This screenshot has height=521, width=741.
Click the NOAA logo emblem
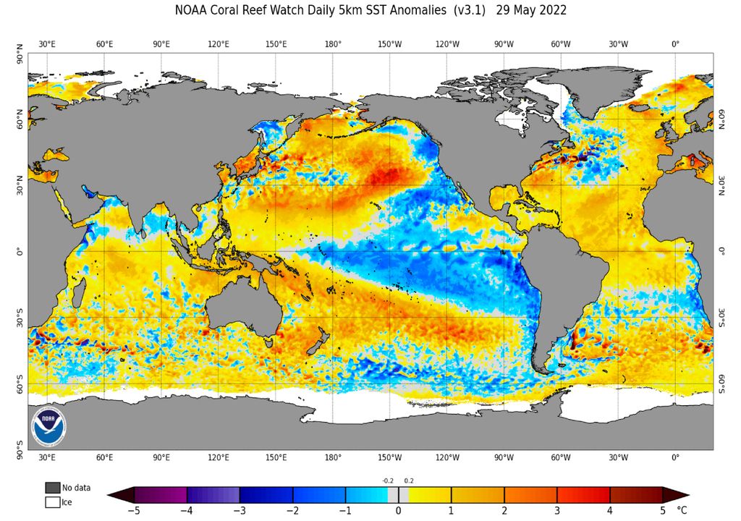click(x=48, y=427)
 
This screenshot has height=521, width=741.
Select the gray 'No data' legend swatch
click(x=52, y=488)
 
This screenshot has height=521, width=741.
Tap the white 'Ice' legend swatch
click(x=52, y=501)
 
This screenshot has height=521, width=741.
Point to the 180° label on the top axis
click(x=333, y=44)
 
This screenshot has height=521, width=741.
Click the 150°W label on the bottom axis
click(x=390, y=457)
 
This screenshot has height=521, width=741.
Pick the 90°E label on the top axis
click(x=161, y=44)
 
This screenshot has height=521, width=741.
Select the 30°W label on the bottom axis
click(x=618, y=457)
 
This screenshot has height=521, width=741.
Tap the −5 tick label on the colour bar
click(x=134, y=510)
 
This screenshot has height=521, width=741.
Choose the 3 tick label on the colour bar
click(x=557, y=510)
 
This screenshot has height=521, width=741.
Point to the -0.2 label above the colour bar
click(x=388, y=480)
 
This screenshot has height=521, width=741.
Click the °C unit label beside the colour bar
click(x=682, y=510)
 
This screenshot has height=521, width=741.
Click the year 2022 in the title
click(x=552, y=11)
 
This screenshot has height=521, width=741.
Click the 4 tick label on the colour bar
click(x=610, y=510)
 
